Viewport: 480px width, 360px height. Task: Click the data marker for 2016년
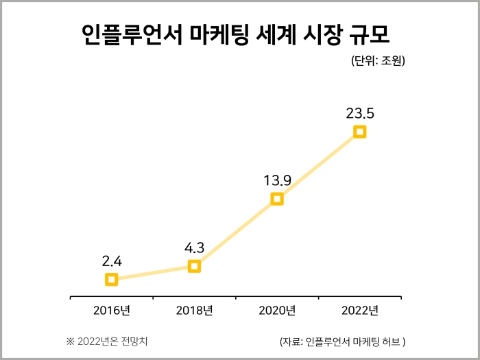(112, 279)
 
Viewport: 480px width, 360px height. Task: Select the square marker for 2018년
(194, 266)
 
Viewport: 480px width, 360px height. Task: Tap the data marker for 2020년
(277, 199)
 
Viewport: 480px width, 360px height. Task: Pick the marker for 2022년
(359, 132)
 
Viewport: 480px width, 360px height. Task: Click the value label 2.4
(112, 261)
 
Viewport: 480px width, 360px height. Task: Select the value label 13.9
(278, 180)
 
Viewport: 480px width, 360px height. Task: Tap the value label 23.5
(360, 113)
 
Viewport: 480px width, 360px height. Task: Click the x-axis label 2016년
(112, 311)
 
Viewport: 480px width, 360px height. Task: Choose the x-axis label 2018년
(194, 311)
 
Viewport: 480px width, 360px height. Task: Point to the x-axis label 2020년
(277, 311)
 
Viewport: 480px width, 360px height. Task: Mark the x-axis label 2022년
(359, 311)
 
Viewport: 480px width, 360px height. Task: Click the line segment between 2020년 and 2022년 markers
(318, 165)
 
